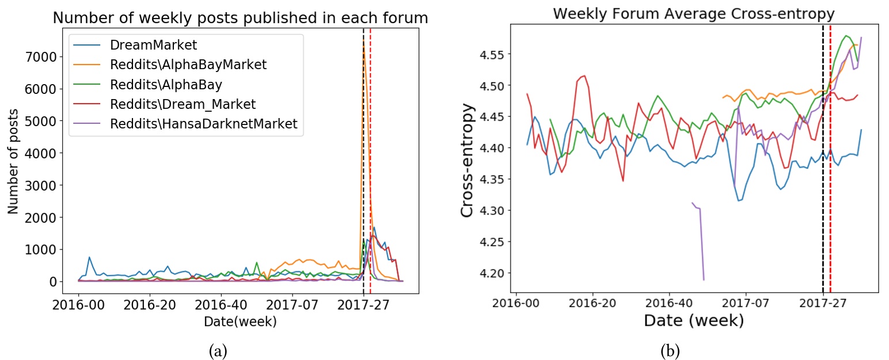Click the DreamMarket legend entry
(x=146, y=45)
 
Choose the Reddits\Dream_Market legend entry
(x=183, y=105)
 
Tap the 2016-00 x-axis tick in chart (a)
(x=78, y=305)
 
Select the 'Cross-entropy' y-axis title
(x=469, y=161)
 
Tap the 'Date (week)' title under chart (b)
(x=693, y=320)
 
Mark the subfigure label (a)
(x=218, y=350)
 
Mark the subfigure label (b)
(x=670, y=350)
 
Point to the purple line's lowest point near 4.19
(x=704, y=280)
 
